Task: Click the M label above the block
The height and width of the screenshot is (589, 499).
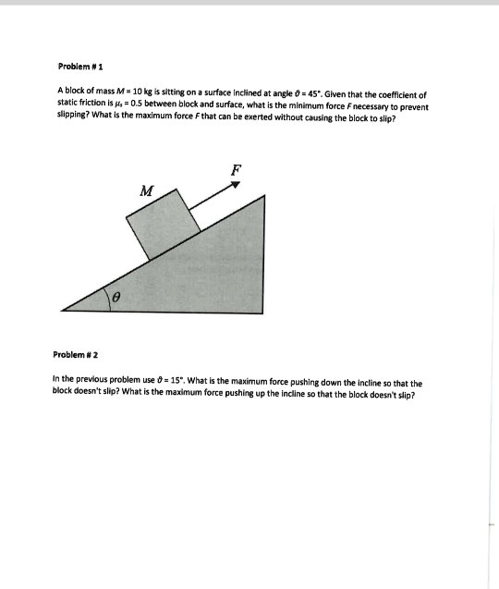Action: click(x=144, y=191)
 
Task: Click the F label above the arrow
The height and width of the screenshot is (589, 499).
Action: click(x=236, y=170)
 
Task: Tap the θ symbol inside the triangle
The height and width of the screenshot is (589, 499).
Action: click(x=116, y=298)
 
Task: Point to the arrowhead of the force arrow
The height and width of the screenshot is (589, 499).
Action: click(x=236, y=185)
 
